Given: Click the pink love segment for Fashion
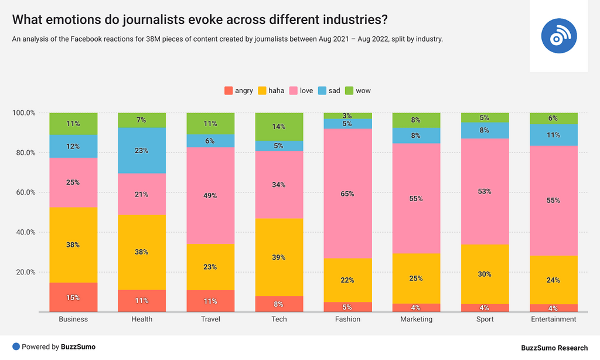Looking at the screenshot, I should click(347, 193).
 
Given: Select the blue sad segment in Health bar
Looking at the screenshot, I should click(142, 151).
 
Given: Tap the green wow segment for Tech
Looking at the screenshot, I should click(279, 127).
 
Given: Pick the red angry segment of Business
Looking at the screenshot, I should click(73, 297).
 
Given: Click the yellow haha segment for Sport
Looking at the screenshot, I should click(485, 274).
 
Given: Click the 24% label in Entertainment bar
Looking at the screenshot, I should click(553, 280).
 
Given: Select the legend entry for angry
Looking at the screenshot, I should click(238, 91).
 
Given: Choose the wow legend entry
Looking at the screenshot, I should click(357, 91).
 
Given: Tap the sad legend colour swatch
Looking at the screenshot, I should click(322, 91).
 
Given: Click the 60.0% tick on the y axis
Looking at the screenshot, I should click(24, 192).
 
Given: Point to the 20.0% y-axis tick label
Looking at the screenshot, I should click(24, 272).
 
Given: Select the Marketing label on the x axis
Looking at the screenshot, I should click(416, 320).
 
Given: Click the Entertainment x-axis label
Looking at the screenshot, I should click(553, 320).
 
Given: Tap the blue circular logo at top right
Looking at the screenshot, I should click(559, 36).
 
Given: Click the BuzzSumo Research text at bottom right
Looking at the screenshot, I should click(554, 348).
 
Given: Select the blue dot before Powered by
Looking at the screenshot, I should click(16, 347).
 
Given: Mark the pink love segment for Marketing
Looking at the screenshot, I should click(416, 198).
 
